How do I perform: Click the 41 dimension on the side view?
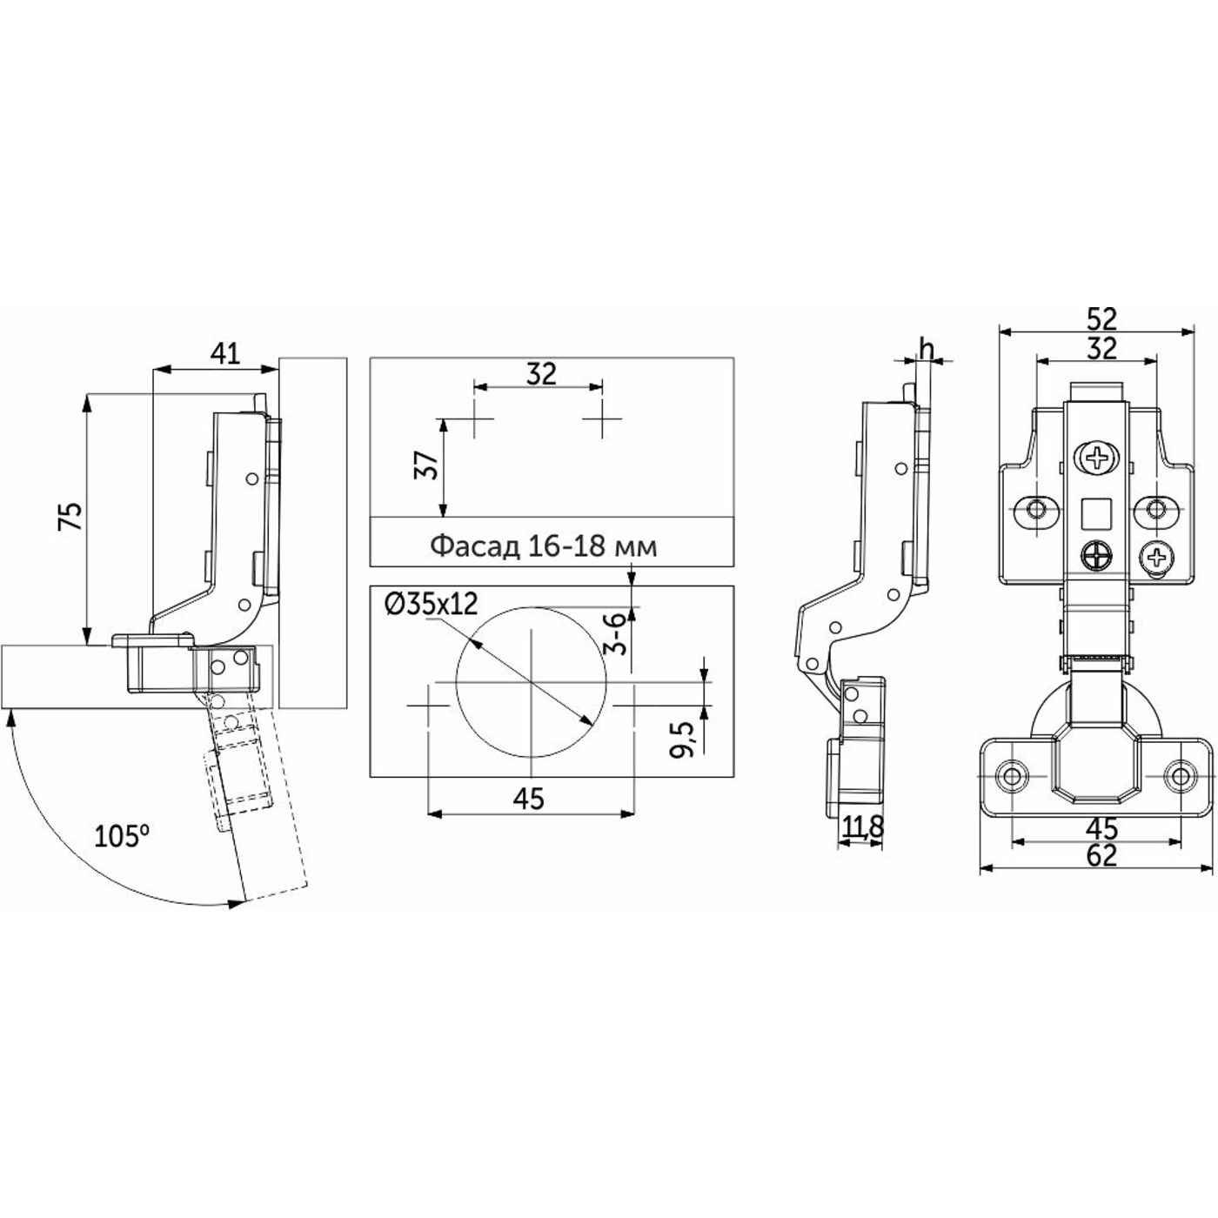(226, 355)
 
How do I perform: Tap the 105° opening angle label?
(123, 836)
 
